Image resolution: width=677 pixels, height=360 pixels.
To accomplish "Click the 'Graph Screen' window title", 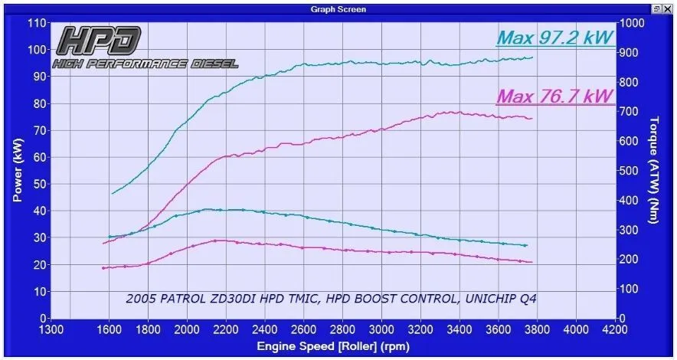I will [338, 9].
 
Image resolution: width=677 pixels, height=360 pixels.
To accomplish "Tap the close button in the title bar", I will [669, 9].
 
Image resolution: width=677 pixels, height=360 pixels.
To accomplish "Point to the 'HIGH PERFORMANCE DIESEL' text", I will [145, 64].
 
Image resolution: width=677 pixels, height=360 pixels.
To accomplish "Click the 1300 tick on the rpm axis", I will [51, 330].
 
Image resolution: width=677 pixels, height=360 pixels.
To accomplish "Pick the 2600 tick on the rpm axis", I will [304, 330].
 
